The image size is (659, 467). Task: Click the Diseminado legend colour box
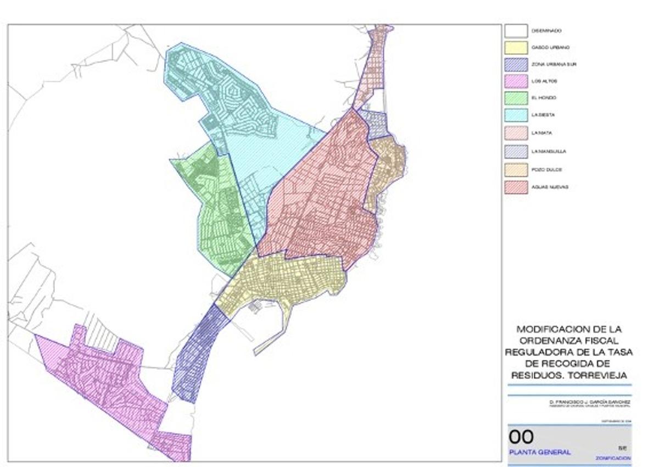tap(516, 31)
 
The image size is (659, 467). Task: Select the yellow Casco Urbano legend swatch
tap(516, 48)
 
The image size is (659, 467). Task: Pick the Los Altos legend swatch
tap(516, 82)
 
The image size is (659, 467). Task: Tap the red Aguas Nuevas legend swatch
tap(516, 187)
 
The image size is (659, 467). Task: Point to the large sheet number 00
tap(521, 437)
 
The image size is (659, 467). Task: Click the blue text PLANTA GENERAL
tap(539, 452)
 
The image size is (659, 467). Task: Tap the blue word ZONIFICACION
tap(612, 458)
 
